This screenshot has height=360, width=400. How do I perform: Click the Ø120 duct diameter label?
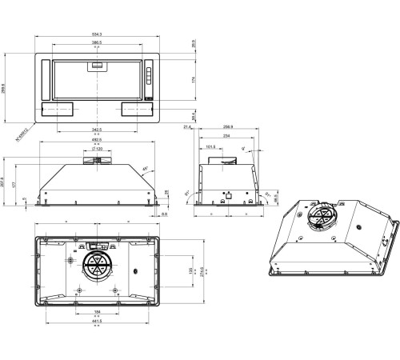98,150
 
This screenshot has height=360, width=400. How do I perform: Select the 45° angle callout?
144,169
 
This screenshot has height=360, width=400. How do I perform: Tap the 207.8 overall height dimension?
4,183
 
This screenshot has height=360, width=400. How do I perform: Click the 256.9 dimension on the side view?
227,127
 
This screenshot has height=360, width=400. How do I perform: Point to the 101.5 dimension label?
210,147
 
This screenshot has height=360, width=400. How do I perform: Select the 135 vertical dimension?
190,271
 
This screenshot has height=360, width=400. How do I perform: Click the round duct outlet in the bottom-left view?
98,266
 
